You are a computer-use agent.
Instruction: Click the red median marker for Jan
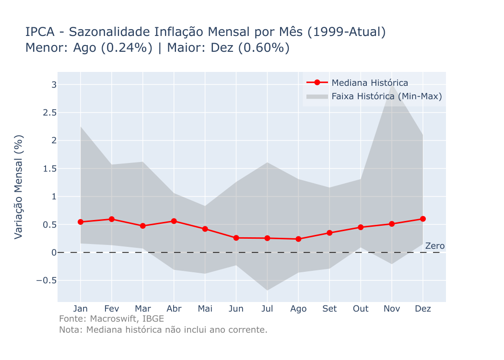[x=81, y=222]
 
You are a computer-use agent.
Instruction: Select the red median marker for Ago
[x=298, y=239]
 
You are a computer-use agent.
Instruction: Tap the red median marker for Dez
[x=423, y=219]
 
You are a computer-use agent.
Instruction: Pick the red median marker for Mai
[x=205, y=229]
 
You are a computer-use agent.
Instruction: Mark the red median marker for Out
[x=361, y=227]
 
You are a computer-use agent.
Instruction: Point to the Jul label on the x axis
[x=267, y=309]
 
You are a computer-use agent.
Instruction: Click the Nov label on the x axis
[x=392, y=309]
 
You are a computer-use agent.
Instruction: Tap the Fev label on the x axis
[x=112, y=309]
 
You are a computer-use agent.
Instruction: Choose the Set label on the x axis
[x=329, y=309]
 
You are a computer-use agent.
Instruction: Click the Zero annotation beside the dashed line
[x=435, y=246]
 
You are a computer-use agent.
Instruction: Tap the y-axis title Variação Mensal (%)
[x=19, y=187]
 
